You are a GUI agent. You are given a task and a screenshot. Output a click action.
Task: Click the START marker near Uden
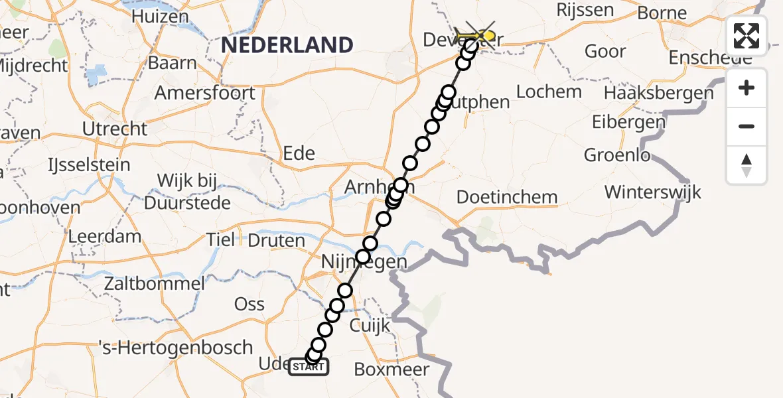[309, 366]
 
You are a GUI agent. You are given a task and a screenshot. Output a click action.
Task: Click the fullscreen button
[747, 35]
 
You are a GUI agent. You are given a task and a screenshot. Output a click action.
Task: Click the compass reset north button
[747, 165]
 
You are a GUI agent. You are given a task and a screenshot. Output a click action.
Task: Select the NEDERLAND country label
[287, 45]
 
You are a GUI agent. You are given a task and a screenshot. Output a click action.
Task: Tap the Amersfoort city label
[204, 92]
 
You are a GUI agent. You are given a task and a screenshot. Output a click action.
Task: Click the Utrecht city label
[115, 128]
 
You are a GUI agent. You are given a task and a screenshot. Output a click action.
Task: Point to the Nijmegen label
[364, 262]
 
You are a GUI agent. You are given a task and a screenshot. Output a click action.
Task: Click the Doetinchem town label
[507, 197]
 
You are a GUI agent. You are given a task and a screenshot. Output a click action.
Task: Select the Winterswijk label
[652, 192]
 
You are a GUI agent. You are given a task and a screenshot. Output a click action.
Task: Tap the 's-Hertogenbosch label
[175, 348]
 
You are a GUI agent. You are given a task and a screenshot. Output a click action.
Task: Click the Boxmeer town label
[391, 369]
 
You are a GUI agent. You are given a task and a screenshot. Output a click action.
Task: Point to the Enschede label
[710, 58]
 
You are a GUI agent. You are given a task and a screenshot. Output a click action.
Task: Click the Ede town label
[299, 153]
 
